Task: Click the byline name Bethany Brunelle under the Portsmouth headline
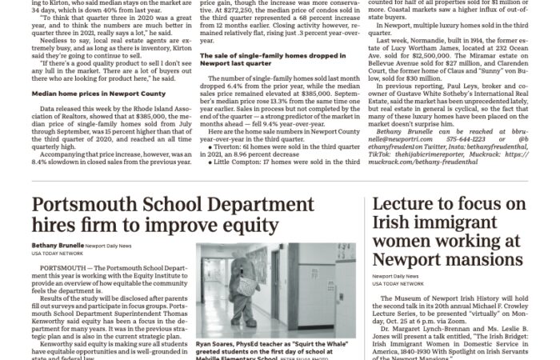click(x=57, y=245)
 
